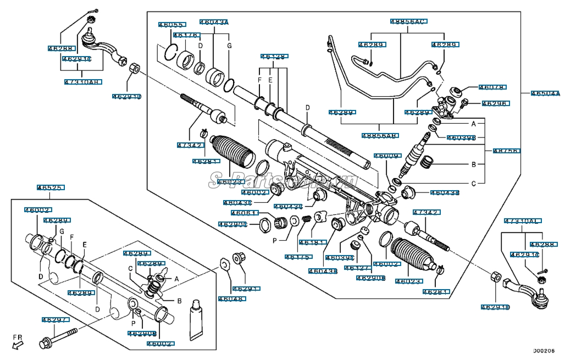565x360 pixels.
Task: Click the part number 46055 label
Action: point(172,25)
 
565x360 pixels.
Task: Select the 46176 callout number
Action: point(185,36)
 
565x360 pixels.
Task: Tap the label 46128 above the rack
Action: point(273,57)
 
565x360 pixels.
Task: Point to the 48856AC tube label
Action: point(408,21)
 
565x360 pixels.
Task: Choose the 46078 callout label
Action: point(492,87)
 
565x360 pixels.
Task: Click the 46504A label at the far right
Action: point(545,93)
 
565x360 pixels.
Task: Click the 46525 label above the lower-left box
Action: point(51,187)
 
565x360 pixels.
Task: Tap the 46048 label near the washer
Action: point(232,299)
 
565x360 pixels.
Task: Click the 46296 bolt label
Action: point(495,103)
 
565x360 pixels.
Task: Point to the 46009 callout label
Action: point(386,156)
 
